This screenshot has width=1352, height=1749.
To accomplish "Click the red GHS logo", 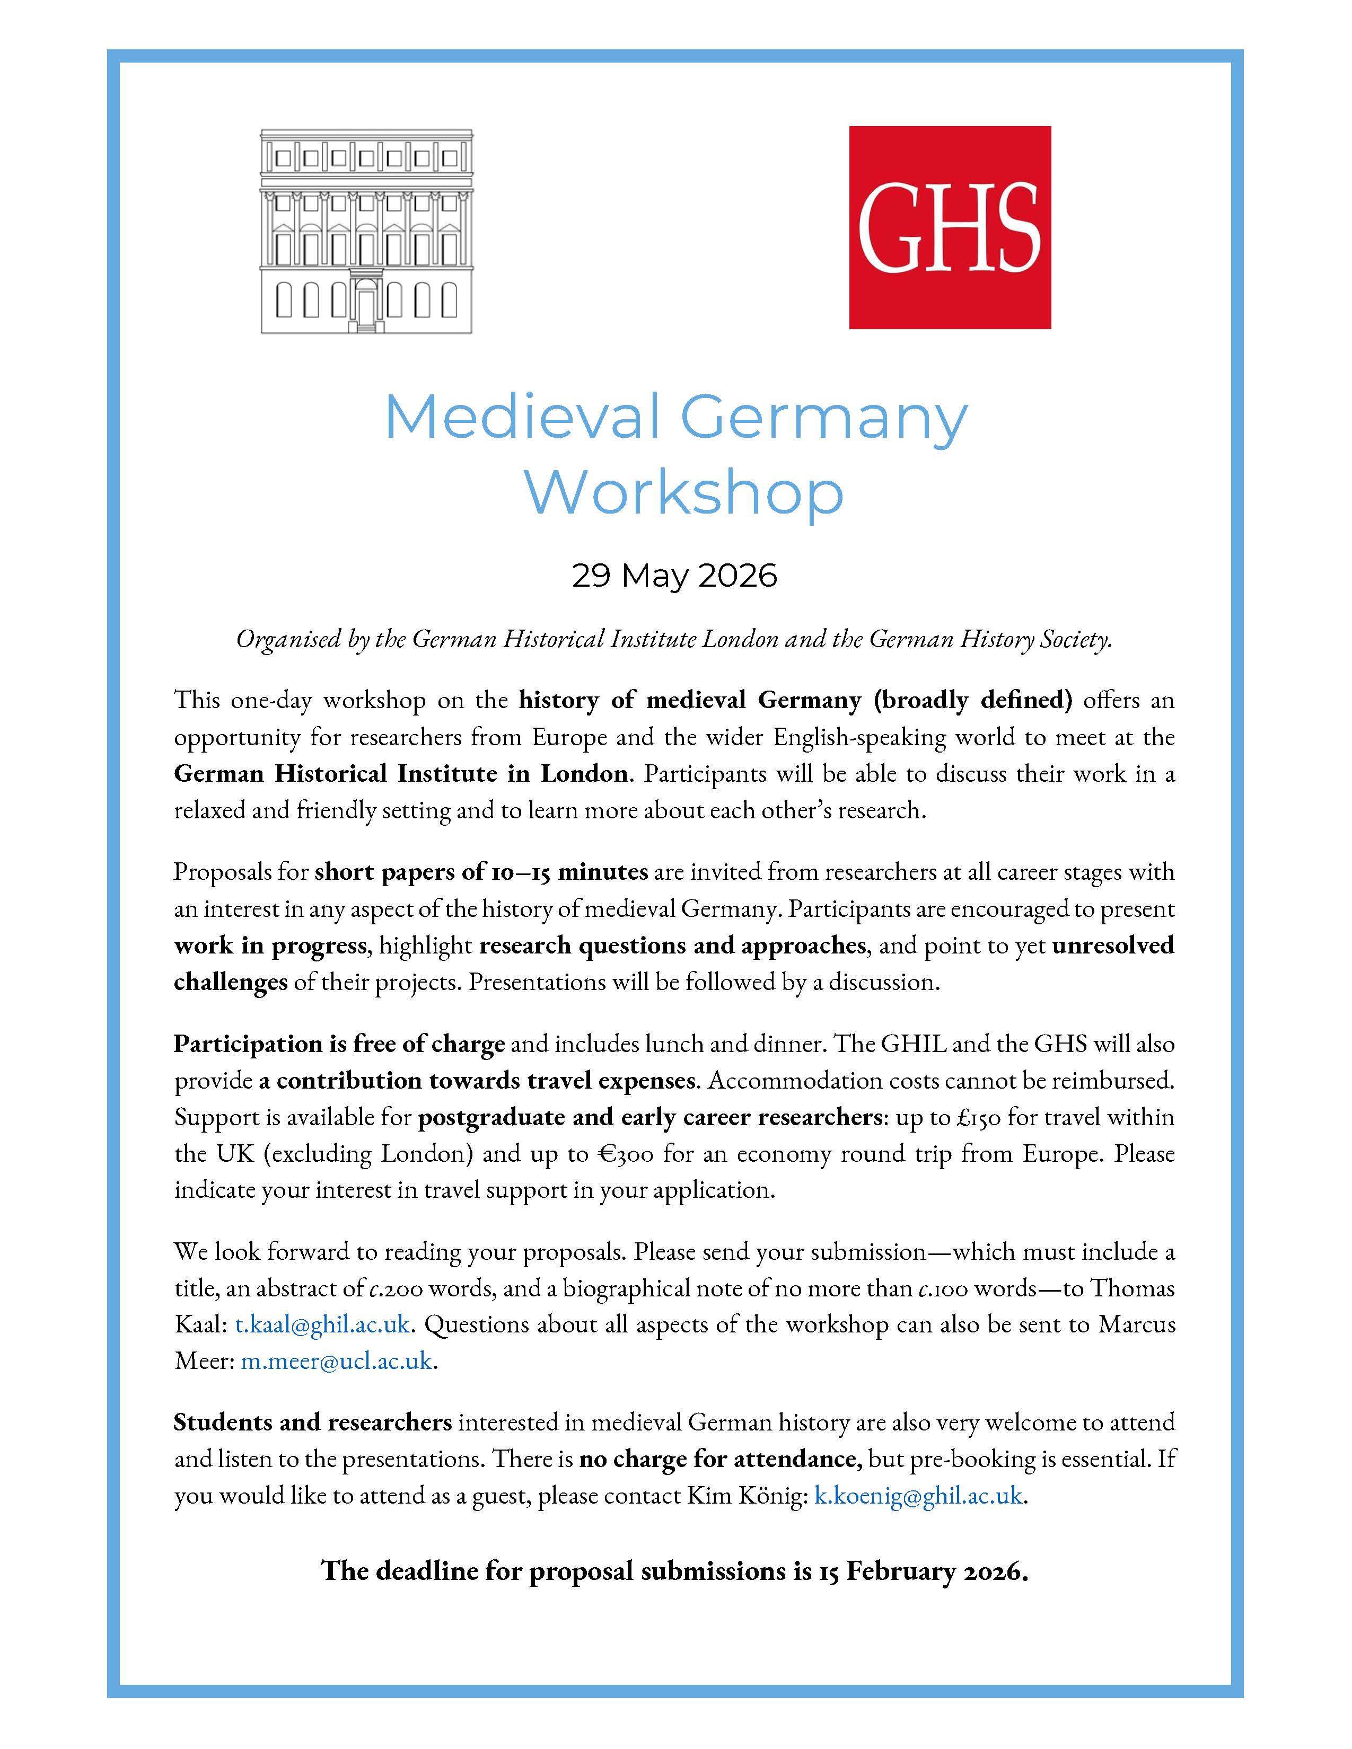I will (x=950, y=227).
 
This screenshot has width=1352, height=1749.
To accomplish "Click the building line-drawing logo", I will (x=366, y=232).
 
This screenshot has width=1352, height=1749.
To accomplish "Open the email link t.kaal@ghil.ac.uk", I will (x=322, y=1324).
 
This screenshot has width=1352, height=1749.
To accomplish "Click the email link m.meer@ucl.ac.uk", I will (x=336, y=1361).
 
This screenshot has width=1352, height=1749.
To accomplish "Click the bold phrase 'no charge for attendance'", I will (x=720, y=1459).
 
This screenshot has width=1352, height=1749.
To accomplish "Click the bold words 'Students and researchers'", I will (x=312, y=1423).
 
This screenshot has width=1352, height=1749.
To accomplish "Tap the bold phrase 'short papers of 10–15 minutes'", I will (x=480, y=871).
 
